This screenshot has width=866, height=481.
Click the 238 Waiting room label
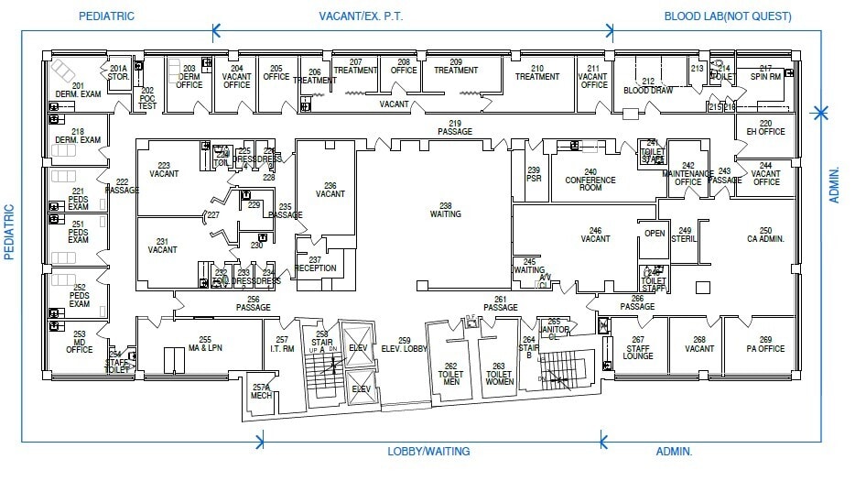point(445,210)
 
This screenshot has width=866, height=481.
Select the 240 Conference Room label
point(590,180)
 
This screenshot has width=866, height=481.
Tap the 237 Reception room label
point(315,264)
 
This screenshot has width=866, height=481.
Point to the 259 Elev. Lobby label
point(404,344)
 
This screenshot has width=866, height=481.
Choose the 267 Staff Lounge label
point(638,349)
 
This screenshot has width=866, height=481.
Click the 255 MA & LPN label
point(205,344)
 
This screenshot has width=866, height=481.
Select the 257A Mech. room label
point(261,391)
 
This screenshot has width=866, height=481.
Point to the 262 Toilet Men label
point(450,371)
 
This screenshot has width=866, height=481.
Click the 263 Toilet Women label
point(499,371)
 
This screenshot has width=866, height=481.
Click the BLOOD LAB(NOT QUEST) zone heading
point(727,16)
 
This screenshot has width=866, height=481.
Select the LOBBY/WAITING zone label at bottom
point(428,451)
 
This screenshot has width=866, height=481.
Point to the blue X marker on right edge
point(821,113)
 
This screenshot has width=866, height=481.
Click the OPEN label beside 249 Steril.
point(654,233)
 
